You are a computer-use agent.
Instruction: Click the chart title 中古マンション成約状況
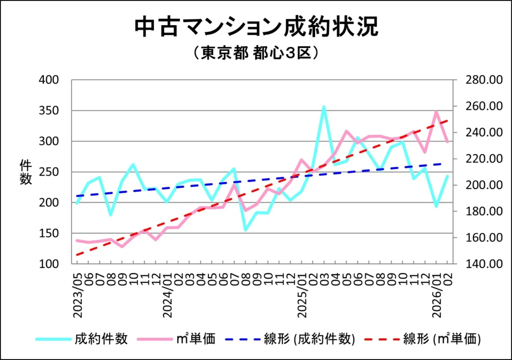(256, 27)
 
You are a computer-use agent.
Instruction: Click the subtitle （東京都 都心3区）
(255, 53)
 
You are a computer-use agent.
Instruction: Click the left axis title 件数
(25, 172)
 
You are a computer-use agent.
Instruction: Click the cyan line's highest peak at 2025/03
(324, 106)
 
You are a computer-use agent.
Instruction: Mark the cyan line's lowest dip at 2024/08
(245, 229)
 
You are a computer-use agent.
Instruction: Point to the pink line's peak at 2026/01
(436, 112)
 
